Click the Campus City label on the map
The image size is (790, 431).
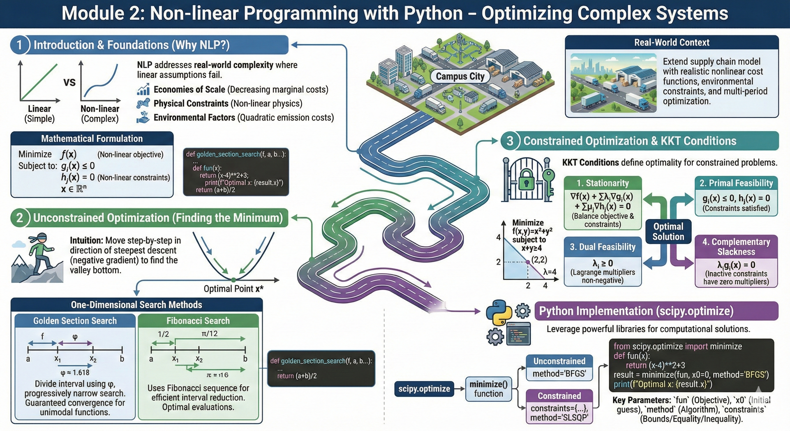coord(460,76)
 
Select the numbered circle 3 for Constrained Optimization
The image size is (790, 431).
coord(510,141)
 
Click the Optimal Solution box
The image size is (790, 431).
coord(668,231)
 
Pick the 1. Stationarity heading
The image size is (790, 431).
coord(603,183)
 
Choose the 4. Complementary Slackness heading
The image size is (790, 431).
coord(736,247)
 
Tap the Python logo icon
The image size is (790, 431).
coord(499,312)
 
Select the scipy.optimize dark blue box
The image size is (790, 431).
coord(424,389)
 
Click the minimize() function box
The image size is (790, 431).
coord(488,389)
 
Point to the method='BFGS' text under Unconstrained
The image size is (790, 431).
coord(559,374)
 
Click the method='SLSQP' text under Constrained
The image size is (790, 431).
coord(559,418)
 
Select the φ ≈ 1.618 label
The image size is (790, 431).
coord(75,372)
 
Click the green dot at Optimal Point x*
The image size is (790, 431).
coord(234,279)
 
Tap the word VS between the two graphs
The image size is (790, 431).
coord(70,82)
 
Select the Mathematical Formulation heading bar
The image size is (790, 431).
coord(92,139)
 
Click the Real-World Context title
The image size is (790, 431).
coord(672,42)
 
